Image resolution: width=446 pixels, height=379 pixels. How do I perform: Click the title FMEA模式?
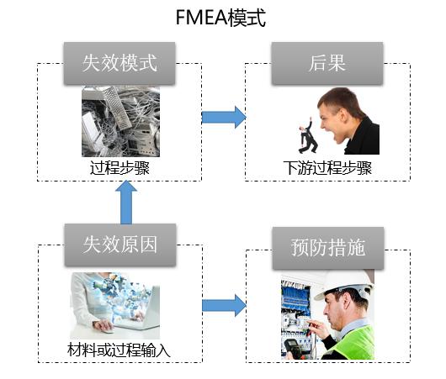point(220,18)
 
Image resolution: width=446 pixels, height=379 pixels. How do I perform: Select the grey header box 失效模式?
point(119,63)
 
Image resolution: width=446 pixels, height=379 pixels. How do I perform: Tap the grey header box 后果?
point(327,63)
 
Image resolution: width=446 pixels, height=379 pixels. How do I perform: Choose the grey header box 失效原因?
point(120,245)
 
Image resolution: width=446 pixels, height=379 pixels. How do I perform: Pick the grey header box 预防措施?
point(328,248)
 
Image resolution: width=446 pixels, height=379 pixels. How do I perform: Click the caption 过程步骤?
point(119,168)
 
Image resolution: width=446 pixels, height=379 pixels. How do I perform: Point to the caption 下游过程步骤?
point(327,168)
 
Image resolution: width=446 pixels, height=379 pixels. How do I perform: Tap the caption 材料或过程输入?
point(119,350)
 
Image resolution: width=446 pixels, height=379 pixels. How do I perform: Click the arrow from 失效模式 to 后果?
point(224,117)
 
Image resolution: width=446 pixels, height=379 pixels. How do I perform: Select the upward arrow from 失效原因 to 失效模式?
point(126,203)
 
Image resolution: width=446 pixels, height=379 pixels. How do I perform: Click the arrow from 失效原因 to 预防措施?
point(224,305)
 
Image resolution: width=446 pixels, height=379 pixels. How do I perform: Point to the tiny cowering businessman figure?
point(307,136)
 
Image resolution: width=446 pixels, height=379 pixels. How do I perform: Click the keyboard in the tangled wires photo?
point(117,108)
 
